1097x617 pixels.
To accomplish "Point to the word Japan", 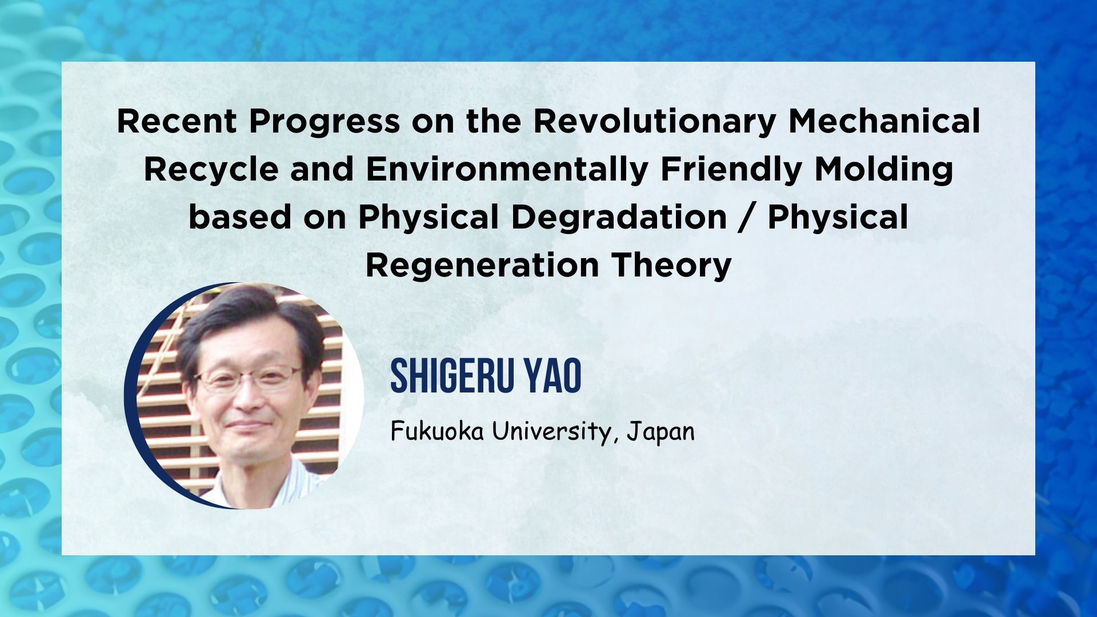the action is tap(660, 432).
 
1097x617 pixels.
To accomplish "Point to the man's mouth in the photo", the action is tap(250, 425).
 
